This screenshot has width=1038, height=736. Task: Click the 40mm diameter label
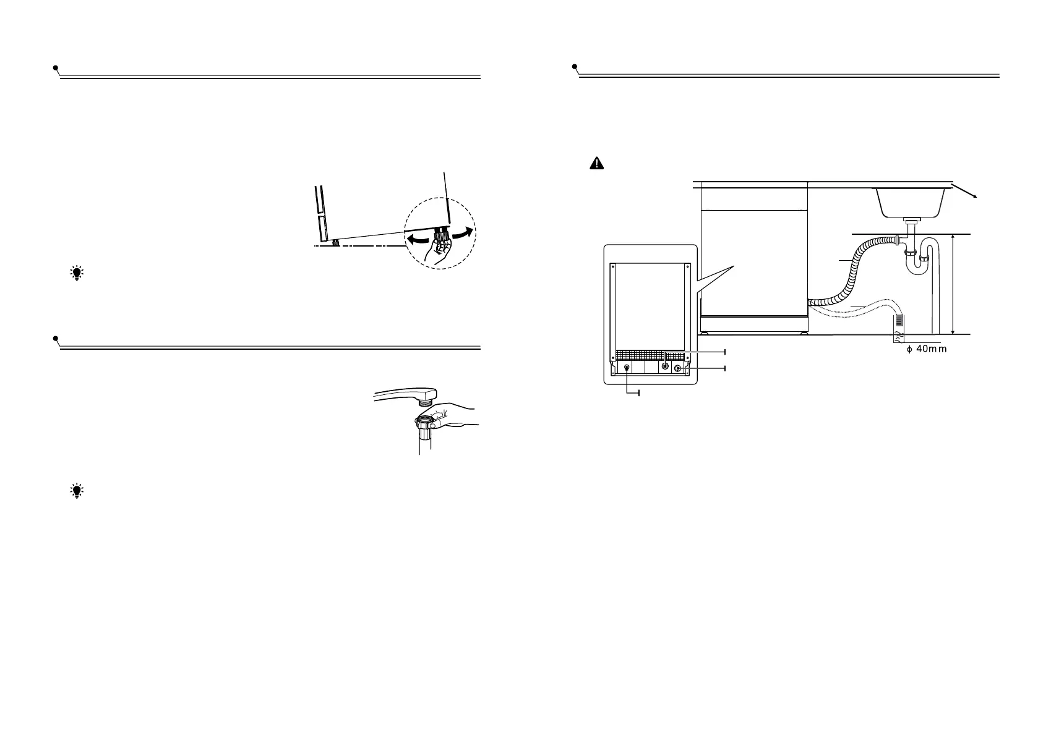click(922, 349)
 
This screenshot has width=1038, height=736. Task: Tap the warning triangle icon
click(595, 163)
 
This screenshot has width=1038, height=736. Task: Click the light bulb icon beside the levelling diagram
click(77, 274)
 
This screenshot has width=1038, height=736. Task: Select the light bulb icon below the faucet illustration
click(77, 491)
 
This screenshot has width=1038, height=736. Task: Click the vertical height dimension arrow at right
click(954, 284)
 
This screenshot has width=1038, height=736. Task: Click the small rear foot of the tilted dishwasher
click(335, 242)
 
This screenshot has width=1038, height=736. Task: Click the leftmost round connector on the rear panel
click(627, 368)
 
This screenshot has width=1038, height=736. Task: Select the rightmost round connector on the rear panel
click(678, 368)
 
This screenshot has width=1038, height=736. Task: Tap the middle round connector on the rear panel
click(665, 366)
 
